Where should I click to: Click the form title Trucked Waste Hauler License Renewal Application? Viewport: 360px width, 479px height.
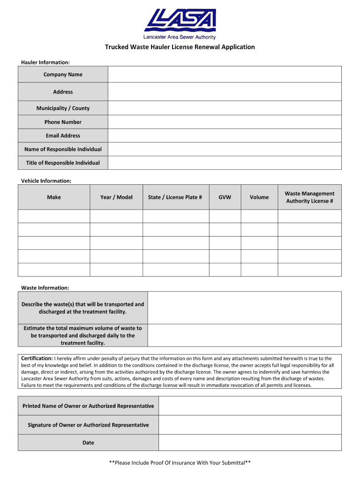[x=180, y=47]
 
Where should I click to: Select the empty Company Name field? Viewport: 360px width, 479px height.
[x=224, y=74]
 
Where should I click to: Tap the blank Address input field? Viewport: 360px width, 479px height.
[x=224, y=92]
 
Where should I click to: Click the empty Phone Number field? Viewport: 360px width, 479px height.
[x=224, y=122]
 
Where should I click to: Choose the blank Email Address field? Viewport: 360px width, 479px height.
[x=224, y=136]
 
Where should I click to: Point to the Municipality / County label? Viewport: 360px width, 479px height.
[x=63, y=108]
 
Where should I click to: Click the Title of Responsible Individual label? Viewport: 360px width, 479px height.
[x=63, y=163]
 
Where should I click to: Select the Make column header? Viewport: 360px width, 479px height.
[x=54, y=197]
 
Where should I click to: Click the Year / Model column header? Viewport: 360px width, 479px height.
[x=116, y=197]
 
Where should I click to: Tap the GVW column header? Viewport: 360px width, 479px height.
[x=225, y=197]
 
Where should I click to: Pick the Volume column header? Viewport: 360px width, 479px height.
[x=259, y=197]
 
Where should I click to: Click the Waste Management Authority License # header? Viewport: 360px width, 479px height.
[x=310, y=197]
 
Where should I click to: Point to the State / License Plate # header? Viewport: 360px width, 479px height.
[x=175, y=197]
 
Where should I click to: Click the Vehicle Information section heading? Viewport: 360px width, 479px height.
[x=46, y=181]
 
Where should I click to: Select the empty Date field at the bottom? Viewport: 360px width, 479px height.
[x=250, y=443]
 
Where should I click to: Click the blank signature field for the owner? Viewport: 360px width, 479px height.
[x=250, y=425]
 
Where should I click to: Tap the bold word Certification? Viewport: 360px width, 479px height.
[x=37, y=358]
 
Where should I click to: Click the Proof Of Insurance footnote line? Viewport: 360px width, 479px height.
[x=180, y=463]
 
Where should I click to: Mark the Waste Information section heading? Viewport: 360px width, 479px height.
[x=45, y=288]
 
